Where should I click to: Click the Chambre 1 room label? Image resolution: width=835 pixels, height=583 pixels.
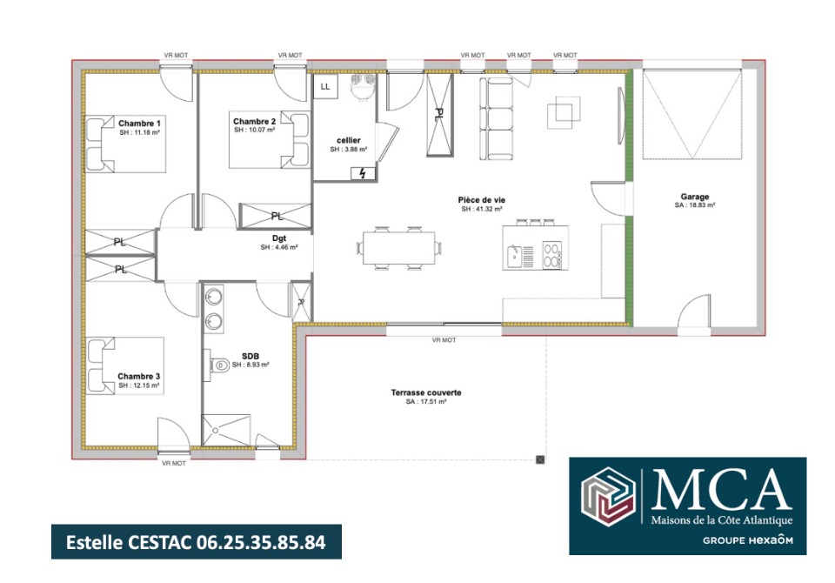tap(139, 123)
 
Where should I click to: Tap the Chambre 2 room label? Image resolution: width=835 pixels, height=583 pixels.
tap(255, 122)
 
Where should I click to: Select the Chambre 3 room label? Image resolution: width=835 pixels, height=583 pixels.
tap(139, 376)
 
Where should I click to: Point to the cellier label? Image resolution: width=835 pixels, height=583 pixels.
tap(349, 140)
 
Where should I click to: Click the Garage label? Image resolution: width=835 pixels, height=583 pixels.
tap(695, 197)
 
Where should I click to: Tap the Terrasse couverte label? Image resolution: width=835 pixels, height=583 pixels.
tap(426, 392)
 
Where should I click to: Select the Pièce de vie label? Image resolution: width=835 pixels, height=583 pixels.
tap(482, 200)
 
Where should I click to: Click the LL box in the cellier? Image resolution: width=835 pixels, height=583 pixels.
tap(325, 86)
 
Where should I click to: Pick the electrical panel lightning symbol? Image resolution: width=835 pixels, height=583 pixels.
tap(363, 173)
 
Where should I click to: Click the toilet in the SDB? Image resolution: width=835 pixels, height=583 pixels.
tap(217, 365)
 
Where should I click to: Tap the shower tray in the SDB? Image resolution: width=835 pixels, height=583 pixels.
tap(226, 430)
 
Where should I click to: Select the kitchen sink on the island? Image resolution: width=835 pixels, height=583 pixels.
tap(514, 257)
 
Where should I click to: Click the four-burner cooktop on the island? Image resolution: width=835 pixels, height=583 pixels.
tap(551, 255)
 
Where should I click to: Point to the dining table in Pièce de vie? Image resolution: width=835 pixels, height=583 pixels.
tap(399, 248)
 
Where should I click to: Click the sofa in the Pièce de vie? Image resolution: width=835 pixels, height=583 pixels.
tap(497, 119)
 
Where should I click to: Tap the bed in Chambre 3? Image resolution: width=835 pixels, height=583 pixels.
tap(124, 365)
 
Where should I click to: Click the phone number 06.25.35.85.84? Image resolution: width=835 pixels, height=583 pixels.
tap(261, 542)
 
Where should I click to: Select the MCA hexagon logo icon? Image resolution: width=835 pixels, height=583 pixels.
tap(608, 496)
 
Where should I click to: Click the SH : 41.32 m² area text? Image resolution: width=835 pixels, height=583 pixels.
tap(482, 210)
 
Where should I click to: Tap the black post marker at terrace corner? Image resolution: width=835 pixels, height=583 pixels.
tap(540, 459)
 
